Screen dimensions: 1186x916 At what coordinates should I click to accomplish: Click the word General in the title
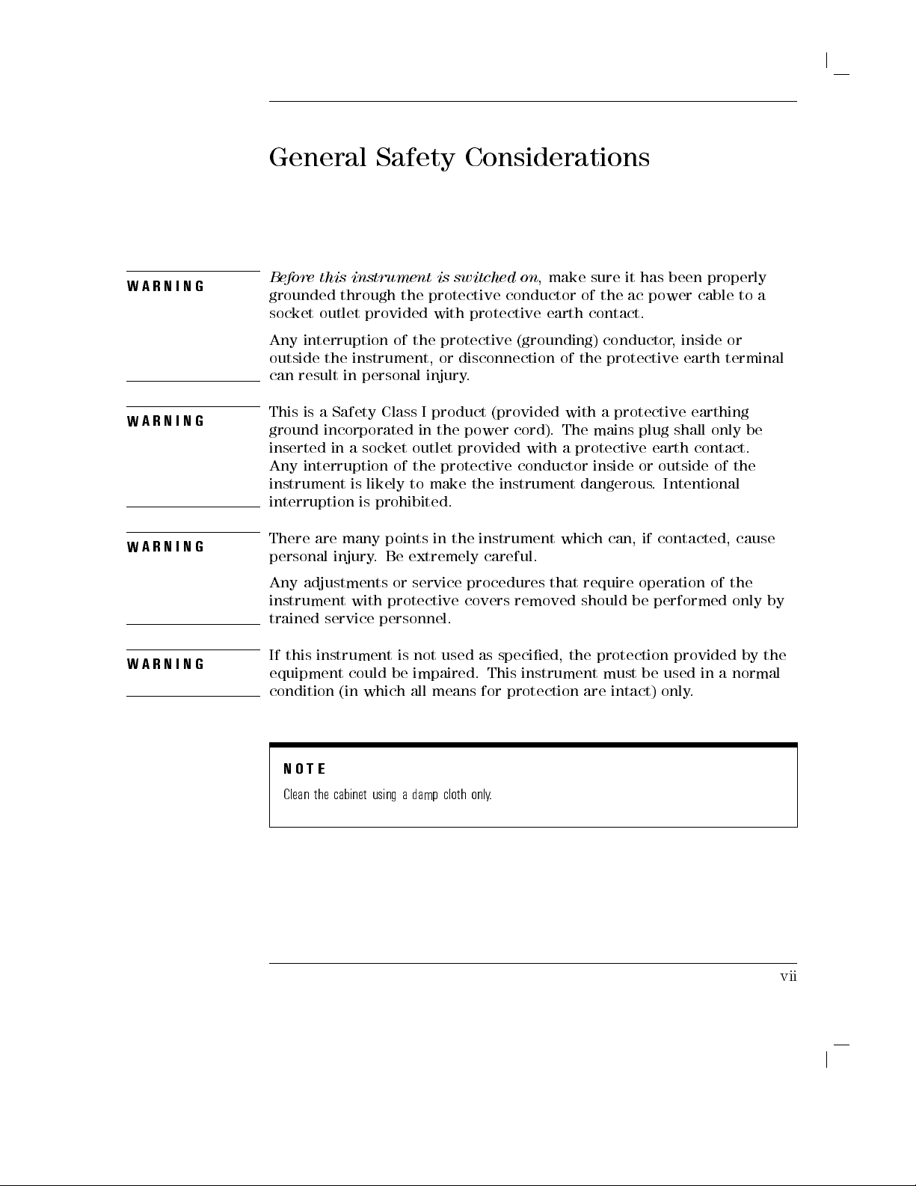(318, 158)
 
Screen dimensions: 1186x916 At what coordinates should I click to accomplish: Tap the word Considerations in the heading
(557, 158)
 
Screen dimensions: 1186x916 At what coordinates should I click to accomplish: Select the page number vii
(788, 976)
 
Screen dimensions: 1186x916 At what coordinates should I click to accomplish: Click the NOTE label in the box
(304, 769)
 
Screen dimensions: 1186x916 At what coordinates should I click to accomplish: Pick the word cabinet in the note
(349, 794)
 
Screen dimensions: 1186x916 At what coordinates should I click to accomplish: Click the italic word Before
(291, 278)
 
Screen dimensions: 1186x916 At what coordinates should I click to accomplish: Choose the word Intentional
(701, 483)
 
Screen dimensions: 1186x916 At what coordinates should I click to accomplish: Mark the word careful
(511, 557)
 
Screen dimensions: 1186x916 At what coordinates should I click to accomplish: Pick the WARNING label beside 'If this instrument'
(166, 664)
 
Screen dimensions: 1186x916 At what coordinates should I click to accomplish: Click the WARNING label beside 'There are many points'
(166, 547)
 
